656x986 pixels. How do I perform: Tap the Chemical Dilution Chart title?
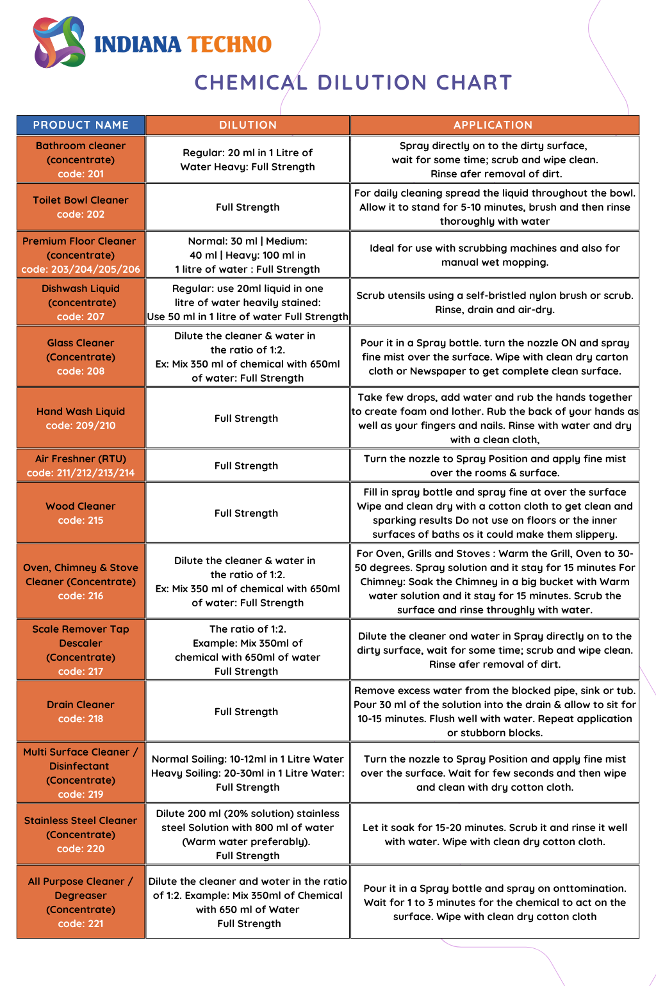coord(353,83)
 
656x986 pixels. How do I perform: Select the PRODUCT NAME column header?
coord(81,125)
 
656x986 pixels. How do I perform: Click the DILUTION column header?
coord(248,125)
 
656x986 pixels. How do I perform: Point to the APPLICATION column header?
coord(493,125)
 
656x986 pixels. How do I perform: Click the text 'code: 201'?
coord(81,174)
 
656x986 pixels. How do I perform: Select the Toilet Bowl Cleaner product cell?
coord(81,207)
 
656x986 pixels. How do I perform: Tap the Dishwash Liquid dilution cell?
coord(248,302)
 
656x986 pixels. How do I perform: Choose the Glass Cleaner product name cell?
coord(81,357)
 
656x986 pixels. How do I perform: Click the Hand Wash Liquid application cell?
coord(495,418)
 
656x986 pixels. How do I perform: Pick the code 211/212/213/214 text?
coord(81,473)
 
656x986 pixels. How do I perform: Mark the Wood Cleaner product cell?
coord(81,513)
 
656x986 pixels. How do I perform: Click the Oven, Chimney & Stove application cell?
coord(495,581)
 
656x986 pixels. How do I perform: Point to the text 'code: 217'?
coord(81,672)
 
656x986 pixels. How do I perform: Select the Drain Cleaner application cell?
coord(495,711)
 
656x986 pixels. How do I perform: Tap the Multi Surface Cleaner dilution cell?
coord(248,773)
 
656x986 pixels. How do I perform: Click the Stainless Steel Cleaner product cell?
coord(81,834)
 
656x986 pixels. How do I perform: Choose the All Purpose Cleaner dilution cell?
coord(248,902)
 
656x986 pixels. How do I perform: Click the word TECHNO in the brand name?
coord(230,44)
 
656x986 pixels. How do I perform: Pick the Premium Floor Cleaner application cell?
coord(495,255)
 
